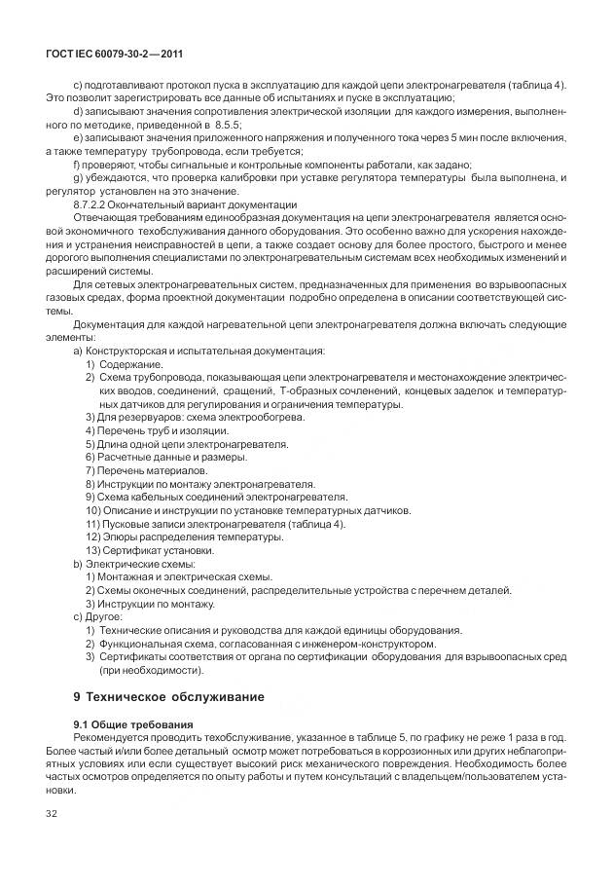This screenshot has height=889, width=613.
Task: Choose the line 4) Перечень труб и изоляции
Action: click(157, 430)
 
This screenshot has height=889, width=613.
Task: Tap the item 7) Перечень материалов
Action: click(146, 470)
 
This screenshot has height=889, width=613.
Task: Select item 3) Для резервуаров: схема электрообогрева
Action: click(195, 417)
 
